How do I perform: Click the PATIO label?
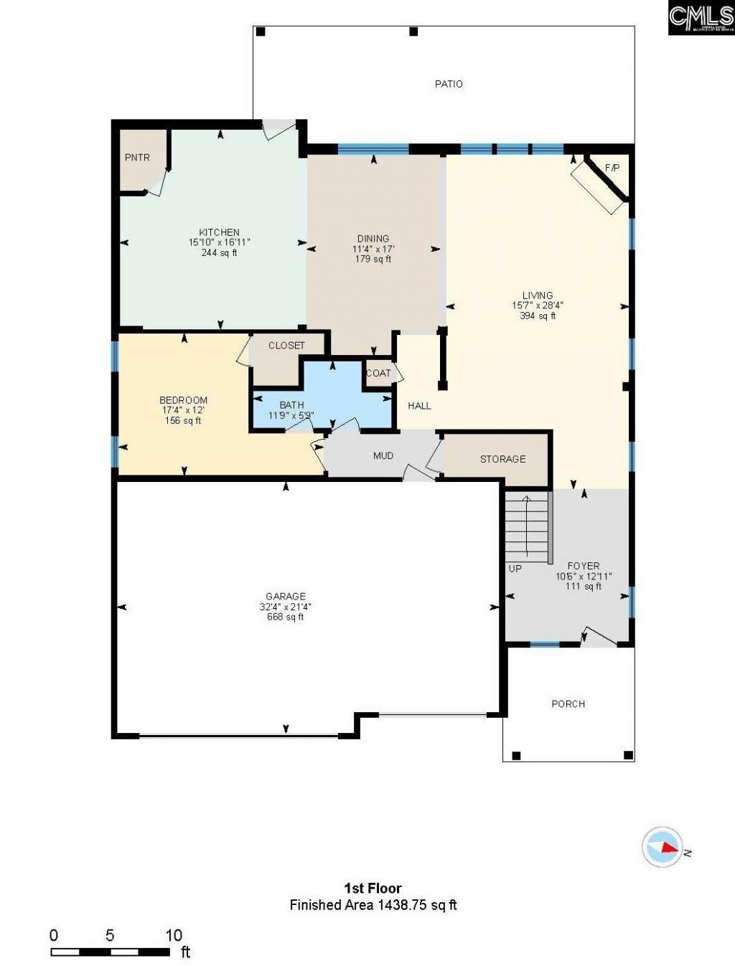pos(449,84)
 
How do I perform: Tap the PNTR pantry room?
pos(138,158)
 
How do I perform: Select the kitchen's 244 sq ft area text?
pos(219,253)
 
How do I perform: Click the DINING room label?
pos(373,238)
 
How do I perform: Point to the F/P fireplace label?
pos(612,169)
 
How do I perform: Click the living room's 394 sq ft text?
pos(538,316)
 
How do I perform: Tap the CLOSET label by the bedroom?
pos(286,346)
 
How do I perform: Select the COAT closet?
pos(378,373)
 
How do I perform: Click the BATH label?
pos(291,405)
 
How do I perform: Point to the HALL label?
pos(419,406)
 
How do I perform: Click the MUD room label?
pos(383,455)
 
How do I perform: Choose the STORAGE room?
pos(502,459)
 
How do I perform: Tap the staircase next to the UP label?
pos(528,527)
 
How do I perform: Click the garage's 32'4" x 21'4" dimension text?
pos(286,607)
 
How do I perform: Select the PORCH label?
pos(568,704)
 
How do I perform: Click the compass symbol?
pos(662,846)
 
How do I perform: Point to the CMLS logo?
pos(700,18)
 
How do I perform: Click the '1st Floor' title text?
pos(373,889)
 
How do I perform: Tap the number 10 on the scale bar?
pos(174,935)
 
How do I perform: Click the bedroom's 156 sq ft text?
pos(183,421)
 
